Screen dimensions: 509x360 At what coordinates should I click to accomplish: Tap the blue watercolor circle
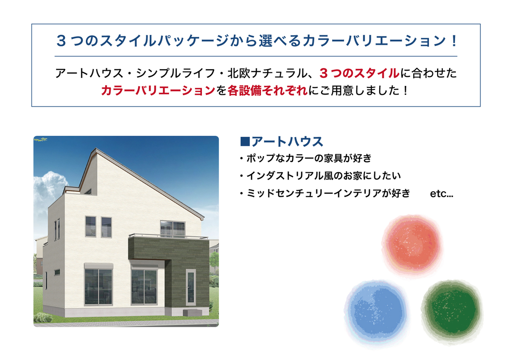pyautogui.click(x=376, y=312)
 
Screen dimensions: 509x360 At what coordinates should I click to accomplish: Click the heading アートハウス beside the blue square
pyautogui.click(x=287, y=142)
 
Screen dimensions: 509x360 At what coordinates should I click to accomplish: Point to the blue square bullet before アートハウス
pyautogui.click(x=245, y=142)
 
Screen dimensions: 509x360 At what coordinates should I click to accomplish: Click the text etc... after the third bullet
pyautogui.click(x=442, y=193)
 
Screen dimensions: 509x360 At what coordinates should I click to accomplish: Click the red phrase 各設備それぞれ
pyautogui.click(x=268, y=90)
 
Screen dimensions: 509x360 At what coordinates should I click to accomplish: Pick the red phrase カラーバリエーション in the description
pyautogui.click(x=158, y=90)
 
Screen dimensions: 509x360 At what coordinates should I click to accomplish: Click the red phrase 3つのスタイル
pyautogui.click(x=359, y=73)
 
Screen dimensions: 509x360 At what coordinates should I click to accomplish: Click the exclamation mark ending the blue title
pyautogui.click(x=454, y=41)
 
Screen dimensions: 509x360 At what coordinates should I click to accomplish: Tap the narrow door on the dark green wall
pyautogui.click(x=191, y=288)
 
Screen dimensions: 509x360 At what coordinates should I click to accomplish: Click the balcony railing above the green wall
pyautogui.click(x=169, y=236)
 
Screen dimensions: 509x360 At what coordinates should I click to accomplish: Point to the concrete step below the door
pyautogui.click(x=192, y=313)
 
